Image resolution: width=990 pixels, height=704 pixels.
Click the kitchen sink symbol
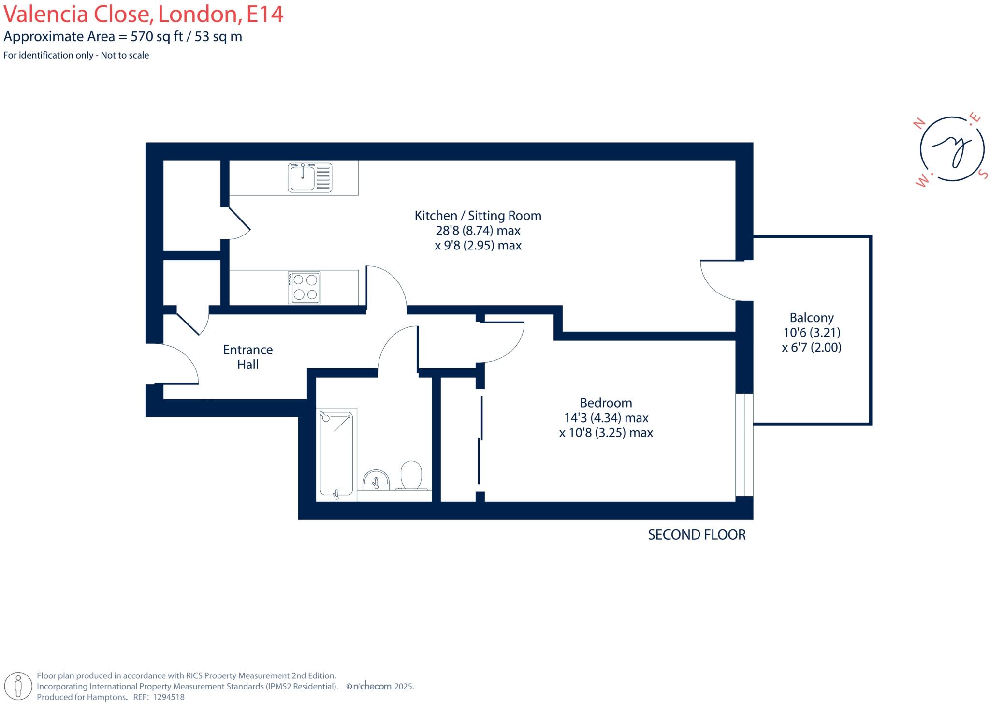click(x=310, y=177)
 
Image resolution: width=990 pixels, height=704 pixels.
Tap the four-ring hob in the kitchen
click(x=304, y=288)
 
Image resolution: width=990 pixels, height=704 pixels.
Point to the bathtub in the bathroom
click(x=336, y=455)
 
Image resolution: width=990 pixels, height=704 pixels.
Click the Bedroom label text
click(x=606, y=403)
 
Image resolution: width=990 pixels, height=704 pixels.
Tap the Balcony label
click(x=812, y=318)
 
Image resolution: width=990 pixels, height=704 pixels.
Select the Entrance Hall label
click(x=248, y=357)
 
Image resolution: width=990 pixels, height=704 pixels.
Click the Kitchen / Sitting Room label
click(x=478, y=216)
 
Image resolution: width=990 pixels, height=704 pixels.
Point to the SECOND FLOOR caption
click(x=697, y=535)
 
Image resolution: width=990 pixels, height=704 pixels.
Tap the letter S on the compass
click(x=983, y=174)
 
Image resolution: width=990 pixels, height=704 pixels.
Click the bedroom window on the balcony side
click(x=744, y=444)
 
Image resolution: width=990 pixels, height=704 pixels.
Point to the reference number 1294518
click(x=169, y=697)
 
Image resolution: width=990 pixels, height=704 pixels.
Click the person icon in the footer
click(x=19, y=686)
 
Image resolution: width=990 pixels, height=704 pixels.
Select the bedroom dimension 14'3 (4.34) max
click(x=606, y=418)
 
